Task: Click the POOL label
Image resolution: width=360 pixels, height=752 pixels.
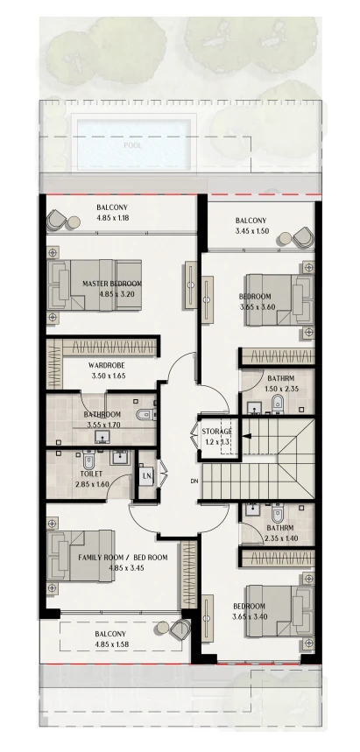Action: click(x=132, y=145)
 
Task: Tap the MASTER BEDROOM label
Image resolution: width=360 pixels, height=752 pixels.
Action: click(x=112, y=284)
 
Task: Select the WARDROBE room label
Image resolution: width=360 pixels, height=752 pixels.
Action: click(x=103, y=365)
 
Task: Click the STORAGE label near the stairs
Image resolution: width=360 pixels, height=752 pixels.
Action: click(x=217, y=432)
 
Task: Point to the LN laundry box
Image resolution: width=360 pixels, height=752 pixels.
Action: click(x=146, y=477)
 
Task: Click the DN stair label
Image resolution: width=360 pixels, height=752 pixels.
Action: click(x=194, y=481)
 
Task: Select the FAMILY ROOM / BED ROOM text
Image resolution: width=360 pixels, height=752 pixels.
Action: click(x=123, y=558)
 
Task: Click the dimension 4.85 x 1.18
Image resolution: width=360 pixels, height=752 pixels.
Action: click(x=113, y=218)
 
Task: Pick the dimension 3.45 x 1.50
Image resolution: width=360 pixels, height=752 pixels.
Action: click(x=251, y=231)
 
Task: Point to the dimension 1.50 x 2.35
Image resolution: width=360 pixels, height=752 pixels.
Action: click(x=282, y=389)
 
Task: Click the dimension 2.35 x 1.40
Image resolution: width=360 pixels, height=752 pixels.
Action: click(x=281, y=538)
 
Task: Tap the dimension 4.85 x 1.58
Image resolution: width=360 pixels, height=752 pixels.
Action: click(x=112, y=644)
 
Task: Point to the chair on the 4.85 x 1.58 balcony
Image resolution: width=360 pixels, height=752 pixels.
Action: click(x=180, y=629)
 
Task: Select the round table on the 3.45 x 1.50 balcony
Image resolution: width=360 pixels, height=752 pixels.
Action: click(x=286, y=238)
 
